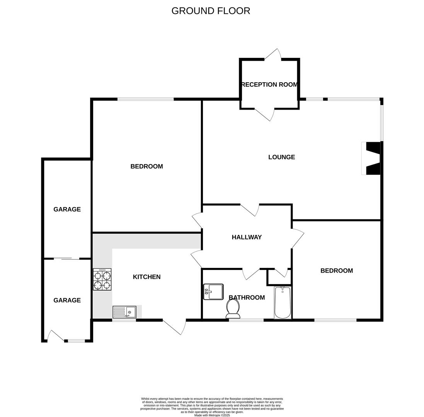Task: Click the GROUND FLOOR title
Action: point(211,11)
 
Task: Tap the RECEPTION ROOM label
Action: point(269,85)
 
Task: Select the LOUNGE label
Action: point(281,157)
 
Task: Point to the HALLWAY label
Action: point(247,237)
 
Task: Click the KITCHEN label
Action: point(146,277)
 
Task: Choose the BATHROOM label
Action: point(247,298)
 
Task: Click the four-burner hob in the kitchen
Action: point(102,280)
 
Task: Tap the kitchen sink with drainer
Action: point(124,312)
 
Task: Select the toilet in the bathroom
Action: point(233,309)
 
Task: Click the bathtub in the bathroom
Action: point(283,303)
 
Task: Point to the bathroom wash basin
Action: point(213,292)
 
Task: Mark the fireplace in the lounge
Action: point(371,158)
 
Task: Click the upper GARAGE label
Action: point(67,210)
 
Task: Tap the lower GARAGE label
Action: point(67,300)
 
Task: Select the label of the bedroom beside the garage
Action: point(146,166)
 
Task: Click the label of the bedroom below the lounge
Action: point(336,271)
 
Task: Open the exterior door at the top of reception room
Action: point(273,55)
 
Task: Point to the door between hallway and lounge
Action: point(250,209)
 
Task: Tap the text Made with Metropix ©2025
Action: point(212,415)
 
